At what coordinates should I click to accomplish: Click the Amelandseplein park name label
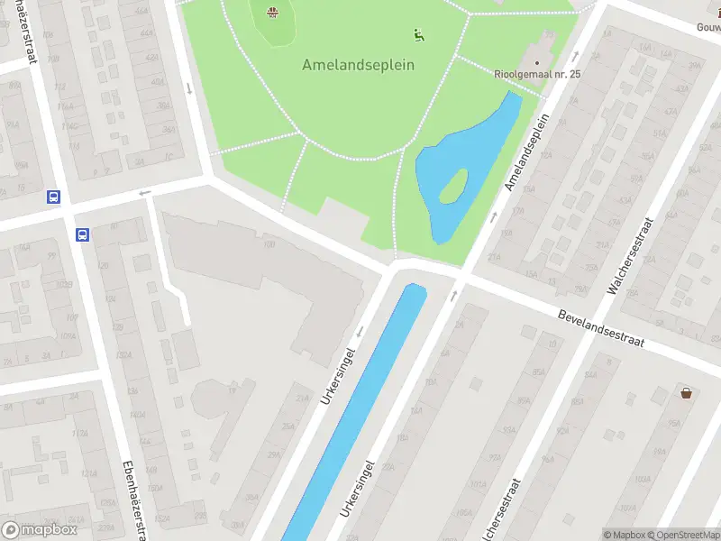pos(358,65)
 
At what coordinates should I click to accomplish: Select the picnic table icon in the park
pos(272,12)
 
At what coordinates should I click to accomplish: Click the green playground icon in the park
pos(418,35)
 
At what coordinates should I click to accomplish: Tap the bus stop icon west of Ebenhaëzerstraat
pos(54,197)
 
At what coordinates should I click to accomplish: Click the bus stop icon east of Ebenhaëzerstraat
pos(83,235)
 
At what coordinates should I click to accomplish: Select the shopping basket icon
pos(687,392)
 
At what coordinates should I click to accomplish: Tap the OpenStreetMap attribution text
pos(681,535)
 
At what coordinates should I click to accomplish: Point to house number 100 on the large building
pos(269,244)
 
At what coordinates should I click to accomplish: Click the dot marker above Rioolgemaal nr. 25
pos(537,62)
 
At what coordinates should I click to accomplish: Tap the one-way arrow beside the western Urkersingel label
pos(359,332)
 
